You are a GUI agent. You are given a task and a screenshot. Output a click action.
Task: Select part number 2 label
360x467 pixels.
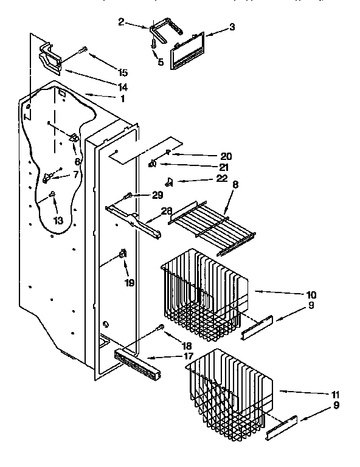click(x=121, y=23)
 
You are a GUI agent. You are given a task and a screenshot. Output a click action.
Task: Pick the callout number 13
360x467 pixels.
click(x=58, y=220)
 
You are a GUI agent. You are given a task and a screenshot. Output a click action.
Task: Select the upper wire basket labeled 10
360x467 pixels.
click(x=204, y=298)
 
